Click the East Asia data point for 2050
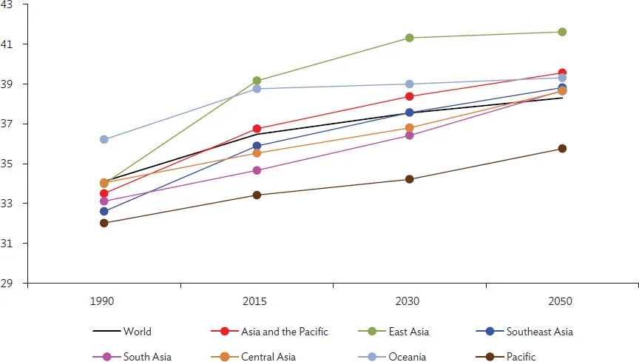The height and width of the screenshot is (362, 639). (562, 32)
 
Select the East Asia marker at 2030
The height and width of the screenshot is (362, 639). (409, 38)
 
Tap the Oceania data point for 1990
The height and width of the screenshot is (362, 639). (104, 139)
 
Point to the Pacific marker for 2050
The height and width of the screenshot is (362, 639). (562, 149)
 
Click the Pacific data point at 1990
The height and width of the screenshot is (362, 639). (104, 223)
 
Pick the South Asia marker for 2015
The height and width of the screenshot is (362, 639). (257, 170)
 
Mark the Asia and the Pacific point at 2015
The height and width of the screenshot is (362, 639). (257, 129)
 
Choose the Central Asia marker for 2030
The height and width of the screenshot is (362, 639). (409, 128)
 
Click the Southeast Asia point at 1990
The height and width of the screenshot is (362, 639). (104, 211)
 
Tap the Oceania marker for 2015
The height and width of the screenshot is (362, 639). (257, 89)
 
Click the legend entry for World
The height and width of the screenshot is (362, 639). (137, 332)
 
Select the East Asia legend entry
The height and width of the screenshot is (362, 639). (408, 332)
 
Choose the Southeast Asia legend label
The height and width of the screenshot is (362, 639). (539, 332)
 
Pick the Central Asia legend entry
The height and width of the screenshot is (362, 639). (268, 357)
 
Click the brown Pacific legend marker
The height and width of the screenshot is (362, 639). (490, 357)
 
